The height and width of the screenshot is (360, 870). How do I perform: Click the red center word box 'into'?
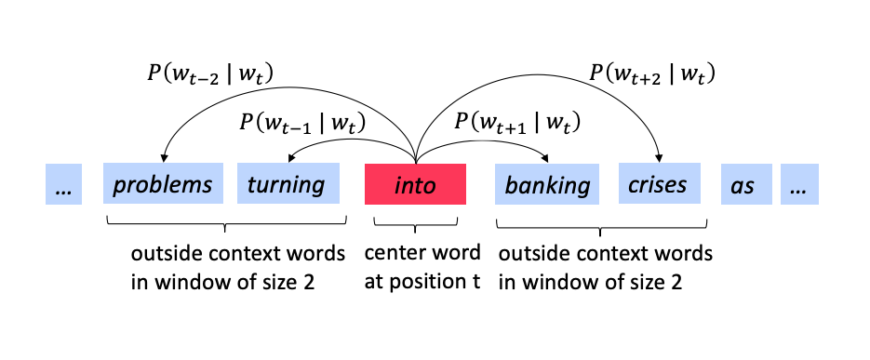coord(415,184)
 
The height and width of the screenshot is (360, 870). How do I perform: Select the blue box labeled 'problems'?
coord(163,184)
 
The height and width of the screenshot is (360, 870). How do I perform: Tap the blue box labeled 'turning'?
coord(286,184)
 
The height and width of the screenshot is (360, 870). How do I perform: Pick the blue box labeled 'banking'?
coord(547,184)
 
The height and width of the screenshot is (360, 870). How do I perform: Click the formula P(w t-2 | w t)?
coord(213,72)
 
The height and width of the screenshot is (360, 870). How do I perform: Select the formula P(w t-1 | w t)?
coord(301,121)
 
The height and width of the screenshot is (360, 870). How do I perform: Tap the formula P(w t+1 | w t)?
coord(516,121)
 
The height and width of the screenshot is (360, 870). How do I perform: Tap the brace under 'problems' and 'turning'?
coord(224,224)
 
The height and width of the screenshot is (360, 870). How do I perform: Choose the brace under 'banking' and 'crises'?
coord(602,224)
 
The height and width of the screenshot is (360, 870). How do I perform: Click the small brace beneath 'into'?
coord(415,223)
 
